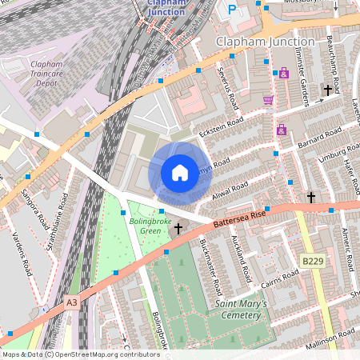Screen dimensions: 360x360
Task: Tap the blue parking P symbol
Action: (x=232, y=10)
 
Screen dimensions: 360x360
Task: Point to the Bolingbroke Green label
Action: (x=150, y=226)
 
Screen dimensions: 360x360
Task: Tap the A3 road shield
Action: (x=73, y=302)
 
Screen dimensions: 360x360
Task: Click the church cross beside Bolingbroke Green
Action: (x=178, y=229)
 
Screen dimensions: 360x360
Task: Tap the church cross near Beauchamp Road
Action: (x=327, y=90)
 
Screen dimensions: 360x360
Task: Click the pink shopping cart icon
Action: (x=268, y=99)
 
